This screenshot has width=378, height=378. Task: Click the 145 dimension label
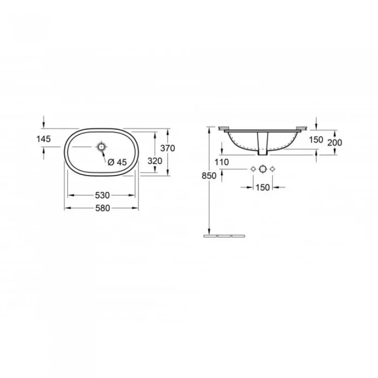(43, 139)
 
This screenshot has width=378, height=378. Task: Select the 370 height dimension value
(168, 148)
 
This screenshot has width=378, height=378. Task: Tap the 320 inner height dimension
(155, 161)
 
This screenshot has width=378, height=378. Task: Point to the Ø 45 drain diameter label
(117, 162)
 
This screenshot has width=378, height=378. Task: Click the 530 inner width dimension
(103, 195)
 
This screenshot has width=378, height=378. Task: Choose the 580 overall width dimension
(103, 208)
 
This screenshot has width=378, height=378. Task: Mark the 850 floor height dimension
(209, 176)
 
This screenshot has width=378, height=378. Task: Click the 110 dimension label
(222, 162)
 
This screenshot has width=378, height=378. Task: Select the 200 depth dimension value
(335, 143)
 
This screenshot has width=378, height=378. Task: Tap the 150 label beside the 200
(316, 139)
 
